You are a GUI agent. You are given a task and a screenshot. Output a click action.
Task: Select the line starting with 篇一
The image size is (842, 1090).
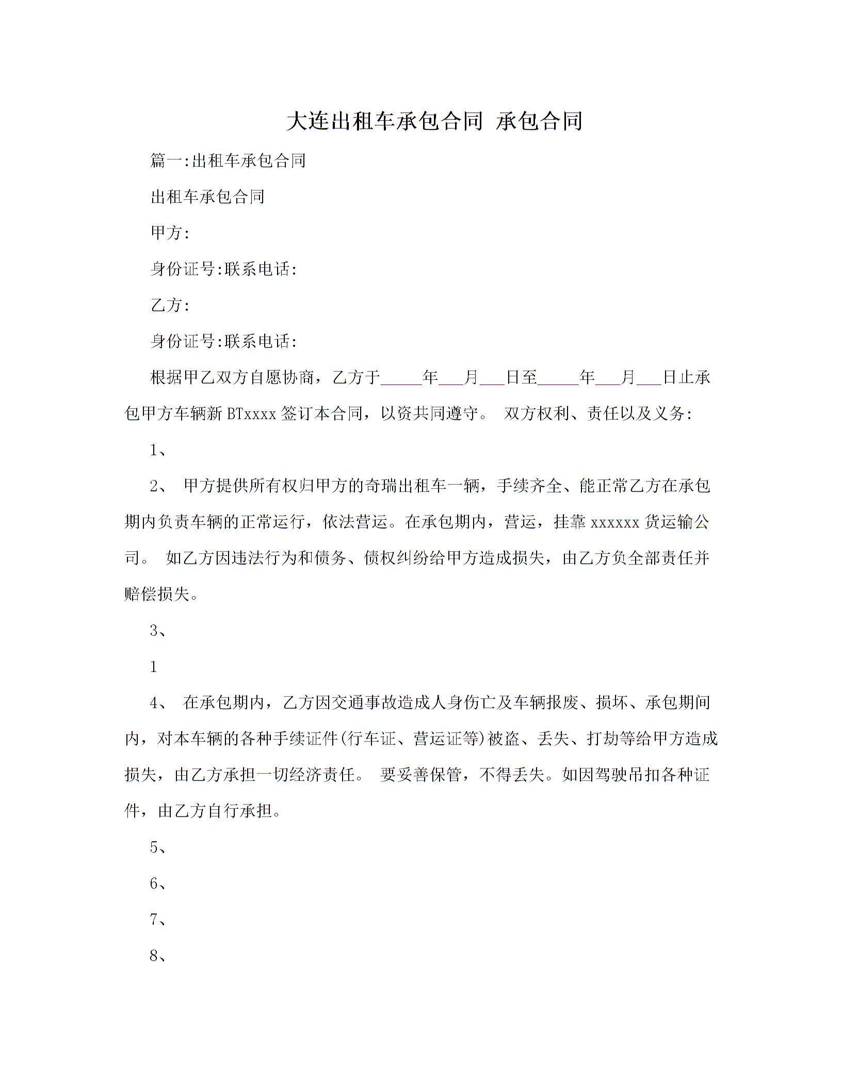228,161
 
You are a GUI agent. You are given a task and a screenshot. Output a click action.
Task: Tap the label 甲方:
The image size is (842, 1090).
170,233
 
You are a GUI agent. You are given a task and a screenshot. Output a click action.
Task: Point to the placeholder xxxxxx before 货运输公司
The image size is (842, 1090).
615,522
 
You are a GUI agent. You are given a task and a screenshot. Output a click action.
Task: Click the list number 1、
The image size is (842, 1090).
158,450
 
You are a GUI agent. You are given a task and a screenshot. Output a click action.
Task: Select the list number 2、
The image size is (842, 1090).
158,486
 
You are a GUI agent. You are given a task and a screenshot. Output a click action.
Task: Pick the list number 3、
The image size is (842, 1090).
158,631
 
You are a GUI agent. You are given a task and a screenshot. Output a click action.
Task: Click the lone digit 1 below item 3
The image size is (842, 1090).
154,667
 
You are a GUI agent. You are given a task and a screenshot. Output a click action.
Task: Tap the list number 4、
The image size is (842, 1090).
158,703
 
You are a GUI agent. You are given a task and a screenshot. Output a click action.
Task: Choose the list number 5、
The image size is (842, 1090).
158,847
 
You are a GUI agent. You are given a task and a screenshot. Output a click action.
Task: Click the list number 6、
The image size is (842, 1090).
158,884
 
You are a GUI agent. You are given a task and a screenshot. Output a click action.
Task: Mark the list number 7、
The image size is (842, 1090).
158,920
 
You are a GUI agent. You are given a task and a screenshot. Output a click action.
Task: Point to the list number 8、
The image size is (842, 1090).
158,956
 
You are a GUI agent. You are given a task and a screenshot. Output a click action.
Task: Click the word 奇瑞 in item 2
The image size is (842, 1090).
381,486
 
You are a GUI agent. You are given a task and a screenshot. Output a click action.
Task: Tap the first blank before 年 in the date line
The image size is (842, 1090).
401,378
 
